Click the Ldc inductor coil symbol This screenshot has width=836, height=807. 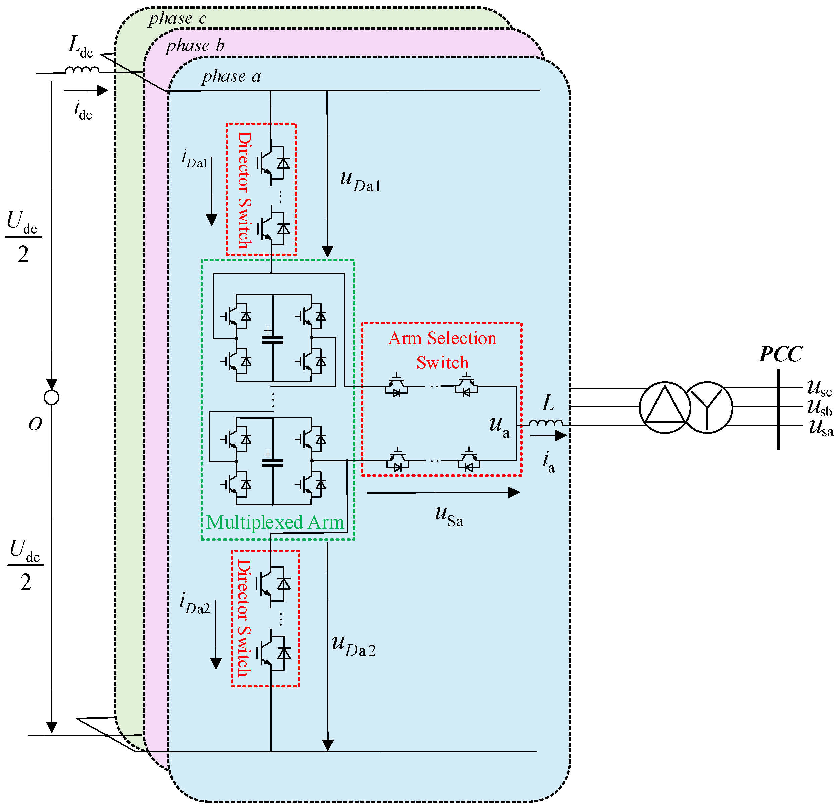[x=82, y=69]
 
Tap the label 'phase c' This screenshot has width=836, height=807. [x=178, y=18]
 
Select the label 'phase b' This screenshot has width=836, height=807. [x=195, y=45]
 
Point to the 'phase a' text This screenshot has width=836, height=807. [x=231, y=76]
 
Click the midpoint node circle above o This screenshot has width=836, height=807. [x=52, y=397]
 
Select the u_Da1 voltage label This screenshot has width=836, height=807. [x=360, y=181]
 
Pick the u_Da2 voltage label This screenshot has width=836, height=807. [x=353, y=645]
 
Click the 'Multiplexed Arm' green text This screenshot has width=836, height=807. [x=275, y=522]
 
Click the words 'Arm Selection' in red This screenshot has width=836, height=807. [x=442, y=338]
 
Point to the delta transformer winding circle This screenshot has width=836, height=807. [x=664, y=407]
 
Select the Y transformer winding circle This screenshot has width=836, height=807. [x=707, y=407]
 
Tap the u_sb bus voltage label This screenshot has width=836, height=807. [x=819, y=407]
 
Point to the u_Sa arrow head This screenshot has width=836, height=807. [x=514, y=493]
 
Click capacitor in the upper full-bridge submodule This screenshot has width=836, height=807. [x=272, y=340]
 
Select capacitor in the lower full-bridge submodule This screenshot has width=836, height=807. [x=272, y=463]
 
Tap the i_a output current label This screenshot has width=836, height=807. [x=548, y=463]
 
